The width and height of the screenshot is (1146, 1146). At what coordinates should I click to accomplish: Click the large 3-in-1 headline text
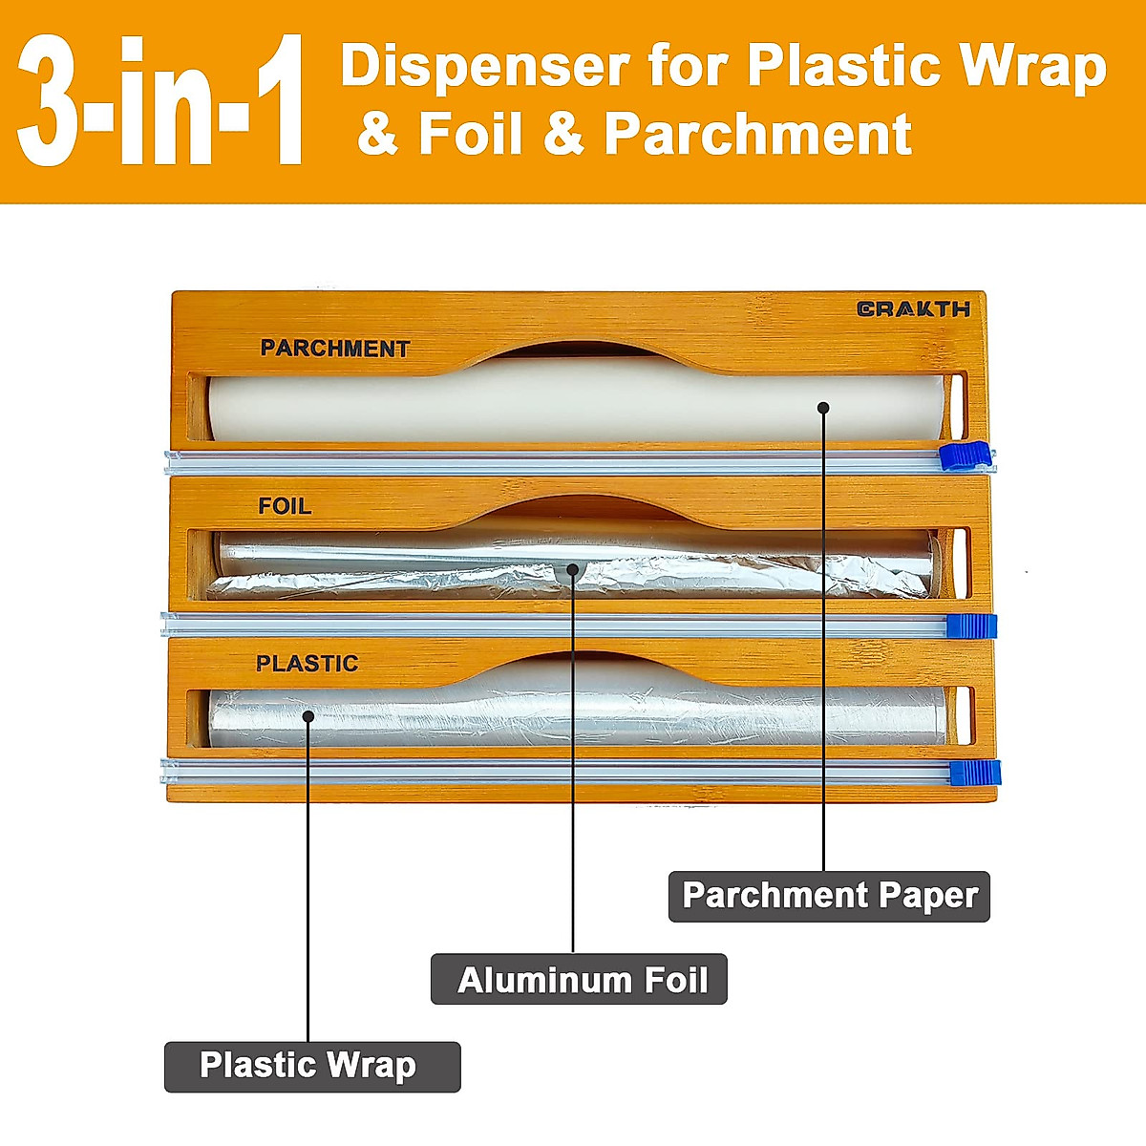(x=160, y=102)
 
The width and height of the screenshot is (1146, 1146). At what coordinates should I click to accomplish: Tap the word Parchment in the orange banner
(x=757, y=134)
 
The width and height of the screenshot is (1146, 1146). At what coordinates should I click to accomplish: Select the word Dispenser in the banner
(x=484, y=67)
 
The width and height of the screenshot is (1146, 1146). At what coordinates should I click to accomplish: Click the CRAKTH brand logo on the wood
(x=913, y=308)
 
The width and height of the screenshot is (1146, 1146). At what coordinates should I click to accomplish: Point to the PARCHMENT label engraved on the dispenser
(x=334, y=349)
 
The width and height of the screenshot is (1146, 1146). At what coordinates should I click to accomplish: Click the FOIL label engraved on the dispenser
(x=285, y=506)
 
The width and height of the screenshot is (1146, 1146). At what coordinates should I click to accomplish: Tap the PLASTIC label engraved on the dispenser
(x=307, y=664)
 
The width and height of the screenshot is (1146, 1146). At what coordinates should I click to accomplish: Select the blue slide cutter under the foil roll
(x=971, y=626)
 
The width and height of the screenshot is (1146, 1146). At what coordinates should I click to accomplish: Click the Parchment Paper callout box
(x=829, y=896)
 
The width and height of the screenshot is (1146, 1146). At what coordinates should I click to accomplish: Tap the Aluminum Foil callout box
(x=579, y=980)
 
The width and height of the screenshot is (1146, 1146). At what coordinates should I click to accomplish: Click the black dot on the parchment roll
(x=823, y=408)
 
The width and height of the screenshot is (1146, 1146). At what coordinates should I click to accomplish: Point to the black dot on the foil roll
(x=573, y=570)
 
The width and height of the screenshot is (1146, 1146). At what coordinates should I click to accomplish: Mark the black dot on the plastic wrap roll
(x=308, y=715)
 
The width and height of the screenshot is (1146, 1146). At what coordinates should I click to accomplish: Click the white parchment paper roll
(x=573, y=406)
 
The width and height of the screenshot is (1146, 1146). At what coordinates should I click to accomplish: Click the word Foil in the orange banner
(x=471, y=134)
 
